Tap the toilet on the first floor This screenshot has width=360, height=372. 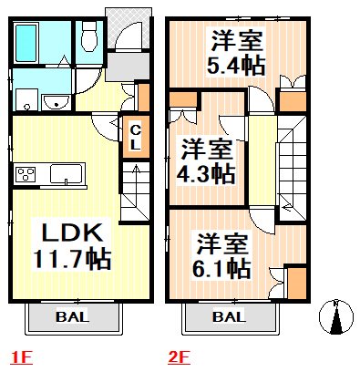click(x=89, y=36)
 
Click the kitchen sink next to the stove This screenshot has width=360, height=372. click(x=67, y=173)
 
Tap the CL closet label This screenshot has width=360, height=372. click(x=133, y=138)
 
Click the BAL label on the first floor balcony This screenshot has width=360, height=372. click(x=72, y=317)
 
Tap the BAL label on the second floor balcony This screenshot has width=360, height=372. click(x=230, y=317)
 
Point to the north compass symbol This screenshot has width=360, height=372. click(x=336, y=318)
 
